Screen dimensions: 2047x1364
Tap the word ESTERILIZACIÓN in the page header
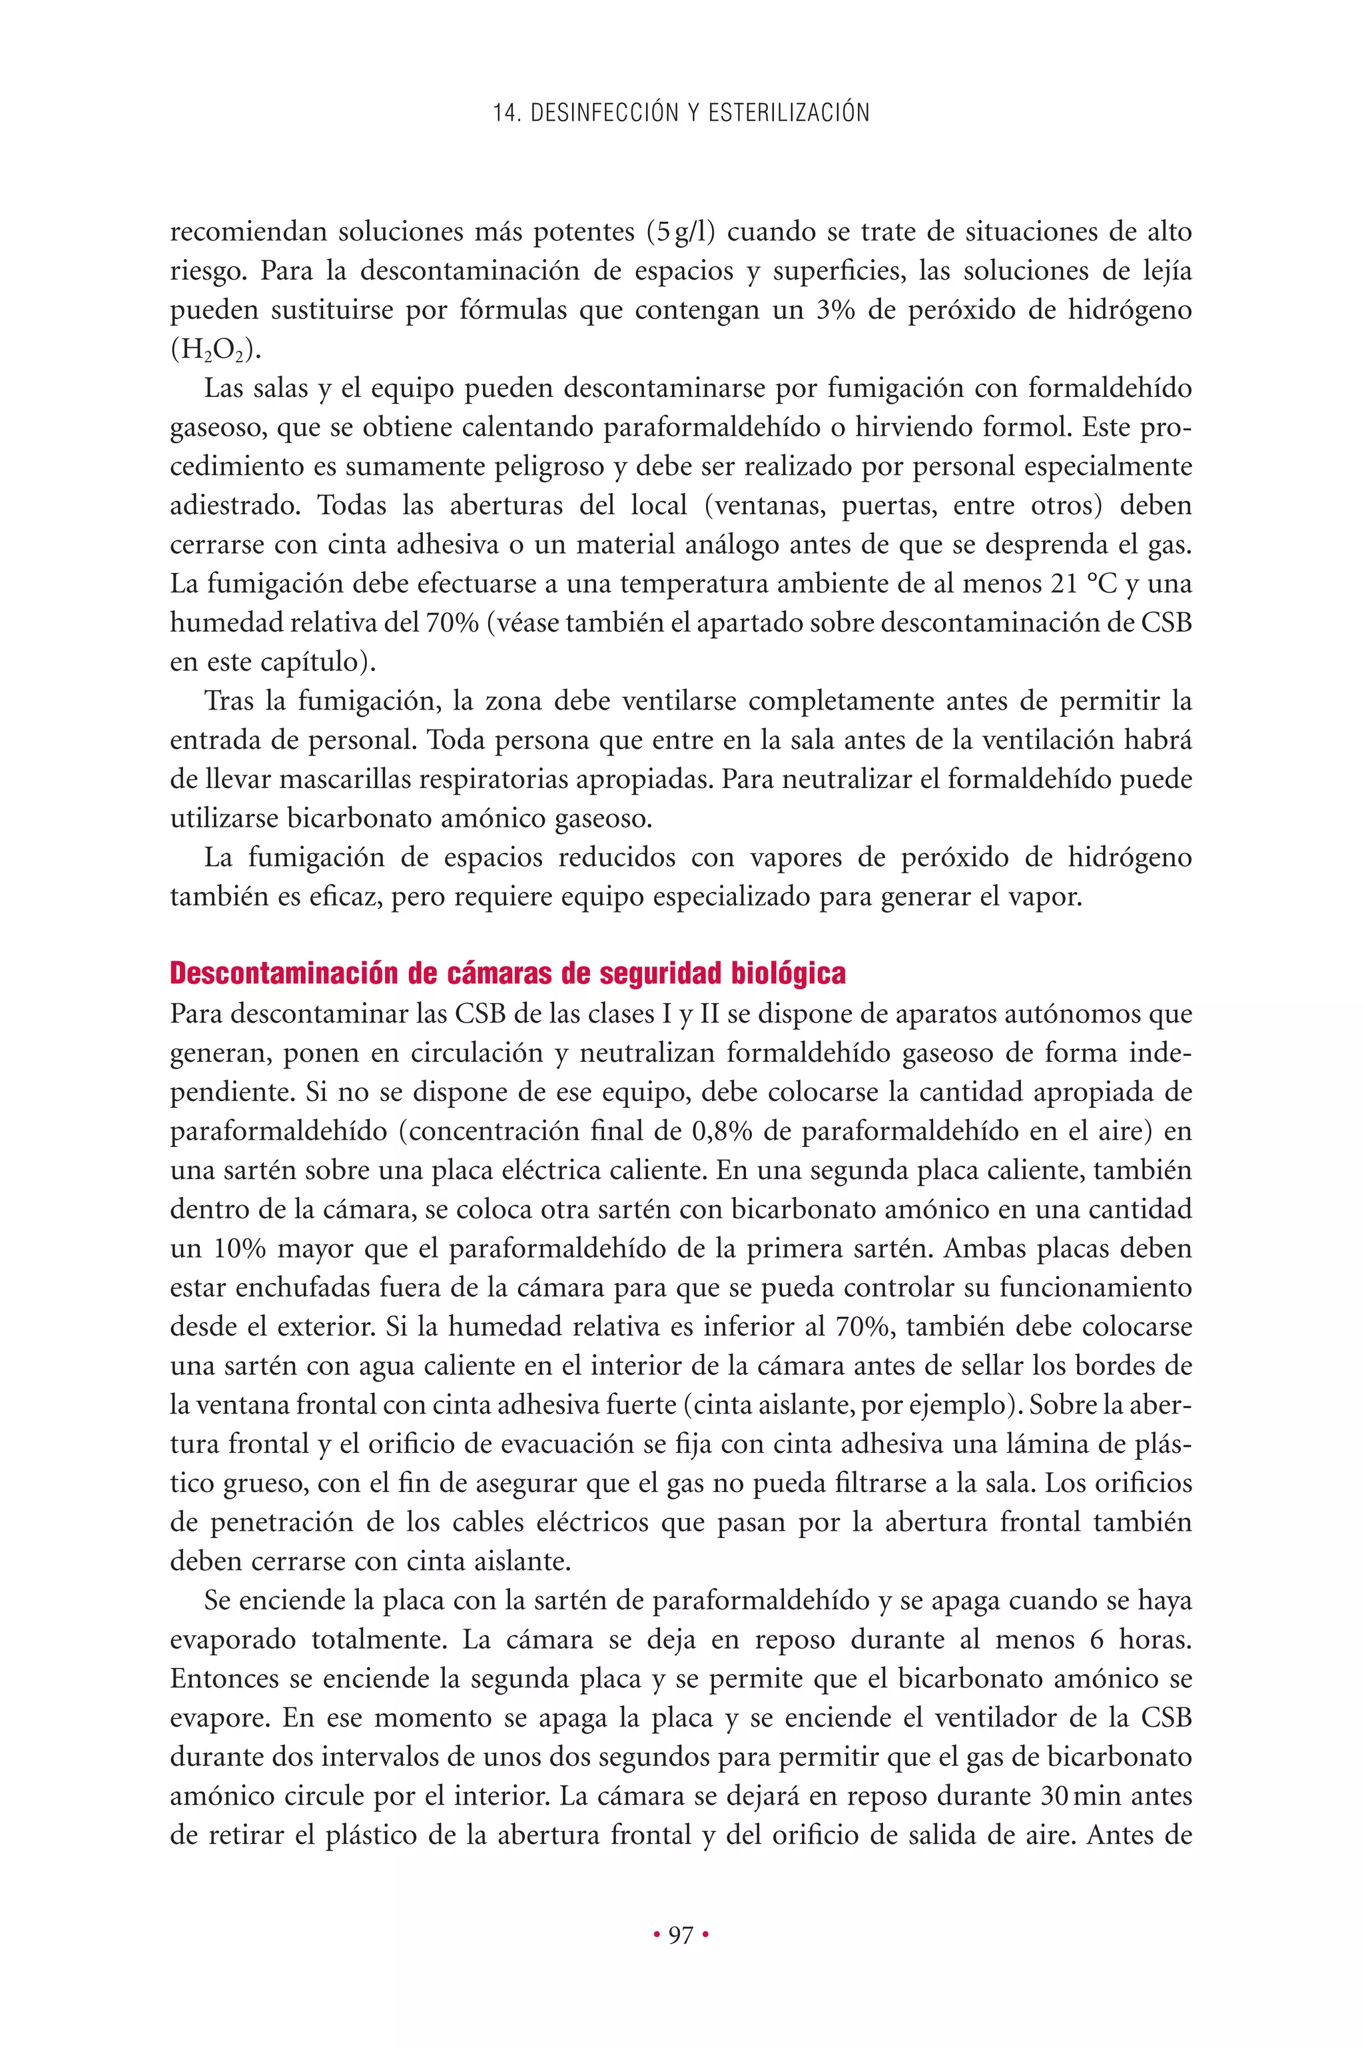pos(788,113)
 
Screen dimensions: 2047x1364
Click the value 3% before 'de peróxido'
pos(836,310)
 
